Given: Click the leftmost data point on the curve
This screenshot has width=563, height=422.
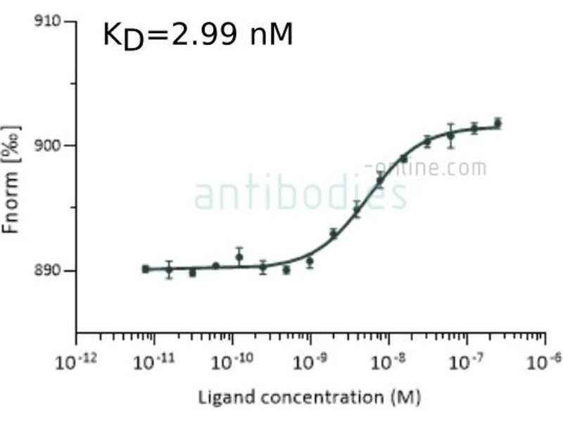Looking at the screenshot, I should pos(145,269).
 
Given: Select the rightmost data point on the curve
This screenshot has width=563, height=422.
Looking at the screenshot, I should pos(498,123).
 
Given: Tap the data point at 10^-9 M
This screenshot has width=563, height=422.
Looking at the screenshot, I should pos(310,261).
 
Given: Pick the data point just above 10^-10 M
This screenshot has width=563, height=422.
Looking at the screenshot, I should pos(239,257).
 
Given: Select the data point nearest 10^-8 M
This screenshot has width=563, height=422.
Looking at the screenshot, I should pos(380,181).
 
